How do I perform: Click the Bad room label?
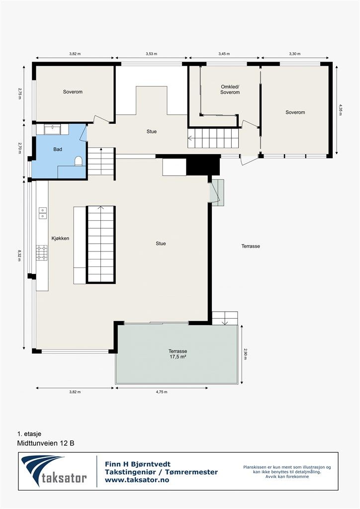(x=58, y=149)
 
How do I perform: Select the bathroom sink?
(x=52, y=129)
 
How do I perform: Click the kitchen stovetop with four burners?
(x=42, y=253)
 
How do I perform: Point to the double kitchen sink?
(x=43, y=213)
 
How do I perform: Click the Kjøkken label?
(x=60, y=238)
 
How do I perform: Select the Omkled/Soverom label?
(x=230, y=89)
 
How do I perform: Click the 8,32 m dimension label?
(x=19, y=255)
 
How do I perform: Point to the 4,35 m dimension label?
(x=340, y=110)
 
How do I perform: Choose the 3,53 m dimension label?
(x=151, y=54)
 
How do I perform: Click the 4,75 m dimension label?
(x=162, y=392)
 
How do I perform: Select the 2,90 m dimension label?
(x=246, y=354)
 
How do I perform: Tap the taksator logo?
(x=54, y=471)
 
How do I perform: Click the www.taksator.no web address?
(x=137, y=480)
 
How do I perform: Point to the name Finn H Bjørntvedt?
(x=138, y=464)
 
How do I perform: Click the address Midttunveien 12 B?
(x=46, y=443)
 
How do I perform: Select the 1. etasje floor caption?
(x=29, y=433)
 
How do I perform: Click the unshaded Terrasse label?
(x=251, y=246)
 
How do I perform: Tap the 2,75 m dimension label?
(x=19, y=93)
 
